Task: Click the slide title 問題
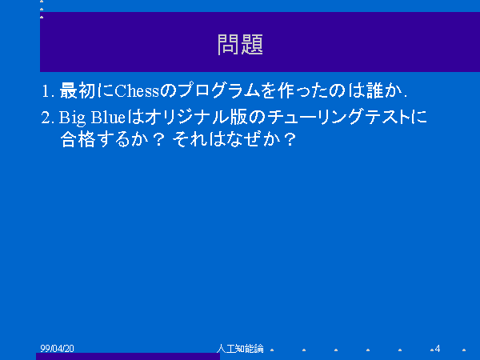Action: pyautogui.click(x=240, y=45)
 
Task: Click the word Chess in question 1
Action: pyautogui.click(x=137, y=91)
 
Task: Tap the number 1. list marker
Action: pyautogui.click(x=48, y=91)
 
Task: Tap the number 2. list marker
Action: pyautogui.click(x=47, y=118)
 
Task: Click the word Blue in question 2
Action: pyautogui.click(x=108, y=117)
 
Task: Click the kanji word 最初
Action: pyautogui.click(x=78, y=90)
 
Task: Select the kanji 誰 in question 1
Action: pyautogui.click(x=375, y=90)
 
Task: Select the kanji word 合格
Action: pyautogui.click(x=78, y=139)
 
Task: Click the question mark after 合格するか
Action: pyautogui.click(x=158, y=139)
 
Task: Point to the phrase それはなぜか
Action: pyautogui.click(x=226, y=139)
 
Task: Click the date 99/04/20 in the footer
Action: pyautogui.click(x=57, y=348)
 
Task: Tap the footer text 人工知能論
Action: pyautogui.click(x=240, y=348)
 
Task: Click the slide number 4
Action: pyautogui.click(x=438, y=348)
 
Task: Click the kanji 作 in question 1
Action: pyautogui.click(x=286, y=90)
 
